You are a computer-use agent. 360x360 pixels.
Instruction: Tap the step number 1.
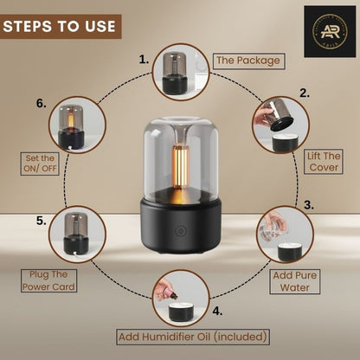click(145, 59)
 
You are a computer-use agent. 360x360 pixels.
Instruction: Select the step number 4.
click(216, 308)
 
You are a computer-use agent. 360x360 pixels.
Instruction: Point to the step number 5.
click(41, 221)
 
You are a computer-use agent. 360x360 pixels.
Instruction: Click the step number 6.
click(41, 102)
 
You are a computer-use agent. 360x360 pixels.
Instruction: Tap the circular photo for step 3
click(285, 234)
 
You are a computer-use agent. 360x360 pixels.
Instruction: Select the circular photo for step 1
click(180, 70)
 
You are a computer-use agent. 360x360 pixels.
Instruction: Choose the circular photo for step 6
click(76, 126)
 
